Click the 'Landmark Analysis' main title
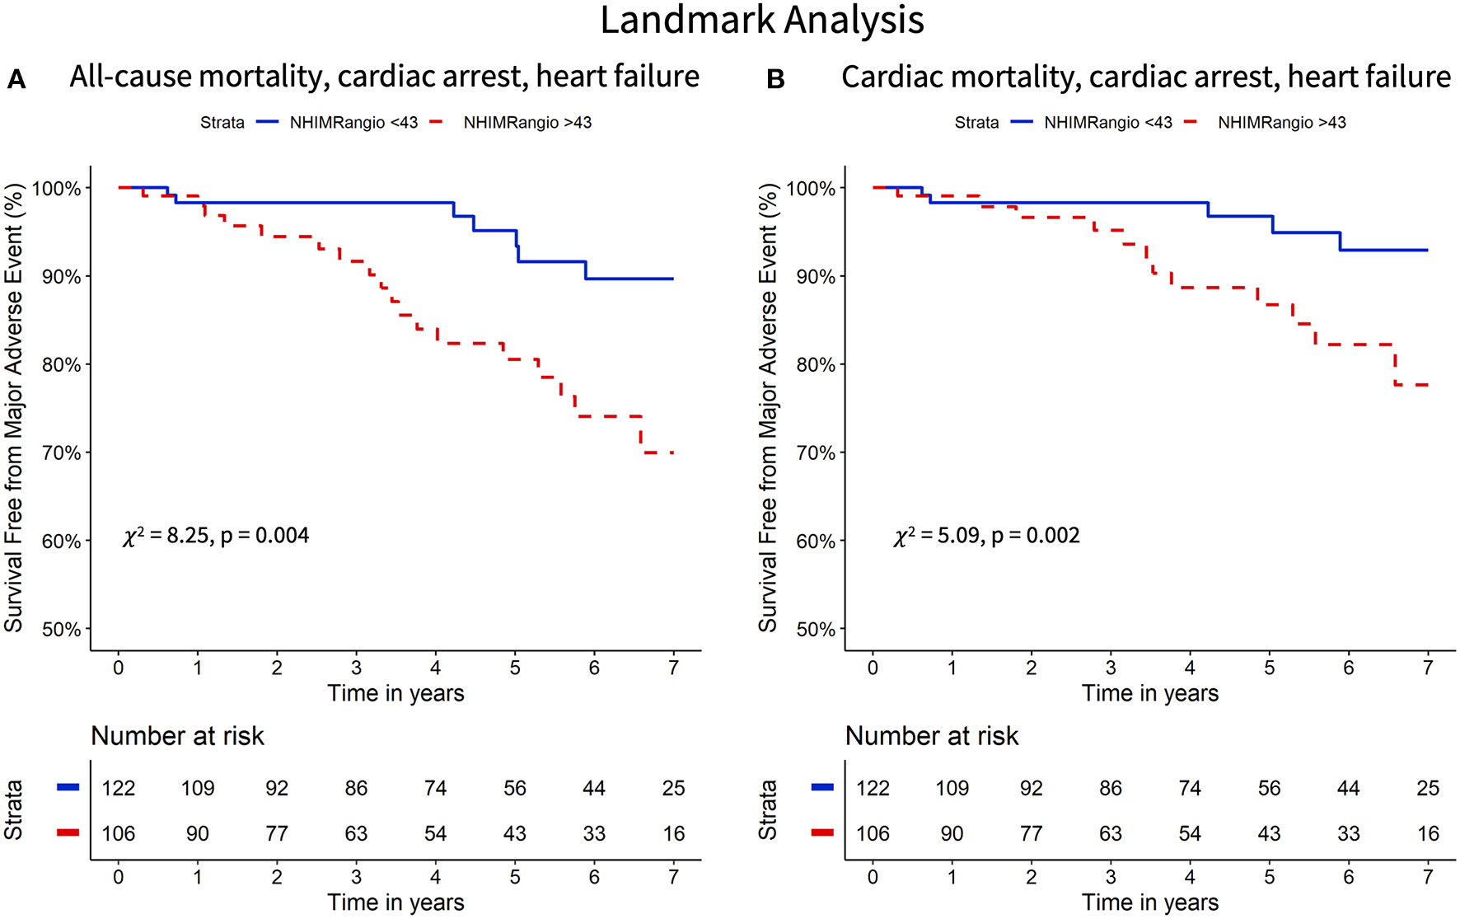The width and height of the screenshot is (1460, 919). click(x=762, y=20)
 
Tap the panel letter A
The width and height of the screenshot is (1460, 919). click(x=16, y=80)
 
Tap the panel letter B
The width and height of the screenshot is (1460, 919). click(x=775, y=80)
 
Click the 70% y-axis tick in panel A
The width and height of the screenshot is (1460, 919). click(x=62, y=453)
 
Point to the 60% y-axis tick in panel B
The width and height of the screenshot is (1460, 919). click(x=816, y=542)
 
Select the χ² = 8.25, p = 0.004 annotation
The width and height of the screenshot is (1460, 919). click(x=216, y=536)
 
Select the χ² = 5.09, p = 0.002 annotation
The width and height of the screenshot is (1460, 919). click(x=986, y=536)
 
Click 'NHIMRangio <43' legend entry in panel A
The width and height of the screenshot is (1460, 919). click(x=353, y=123)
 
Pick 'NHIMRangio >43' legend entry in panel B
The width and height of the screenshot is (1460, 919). click(x=1281, y=123)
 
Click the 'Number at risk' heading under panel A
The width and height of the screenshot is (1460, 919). click(x=177, y=736)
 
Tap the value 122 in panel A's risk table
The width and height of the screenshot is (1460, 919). click(x=118, y=789)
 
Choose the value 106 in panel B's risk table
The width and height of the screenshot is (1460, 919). click(x=873, y=834)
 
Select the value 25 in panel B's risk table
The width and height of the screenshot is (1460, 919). click(x=1428, y=789)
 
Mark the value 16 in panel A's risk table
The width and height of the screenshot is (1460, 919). click(x=673, y=834)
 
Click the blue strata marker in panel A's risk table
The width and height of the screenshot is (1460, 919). click(x=68, y=788)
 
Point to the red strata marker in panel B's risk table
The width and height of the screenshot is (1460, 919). click(x=822, y=833)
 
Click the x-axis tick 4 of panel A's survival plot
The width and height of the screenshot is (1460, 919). click(x=435, y=668)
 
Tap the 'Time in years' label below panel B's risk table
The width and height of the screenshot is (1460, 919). click(x=1150, y=903)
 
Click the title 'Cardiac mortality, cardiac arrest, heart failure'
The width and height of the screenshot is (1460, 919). click(x=1145, y=77)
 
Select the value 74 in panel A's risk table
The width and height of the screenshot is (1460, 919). click(x=435, y=789)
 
